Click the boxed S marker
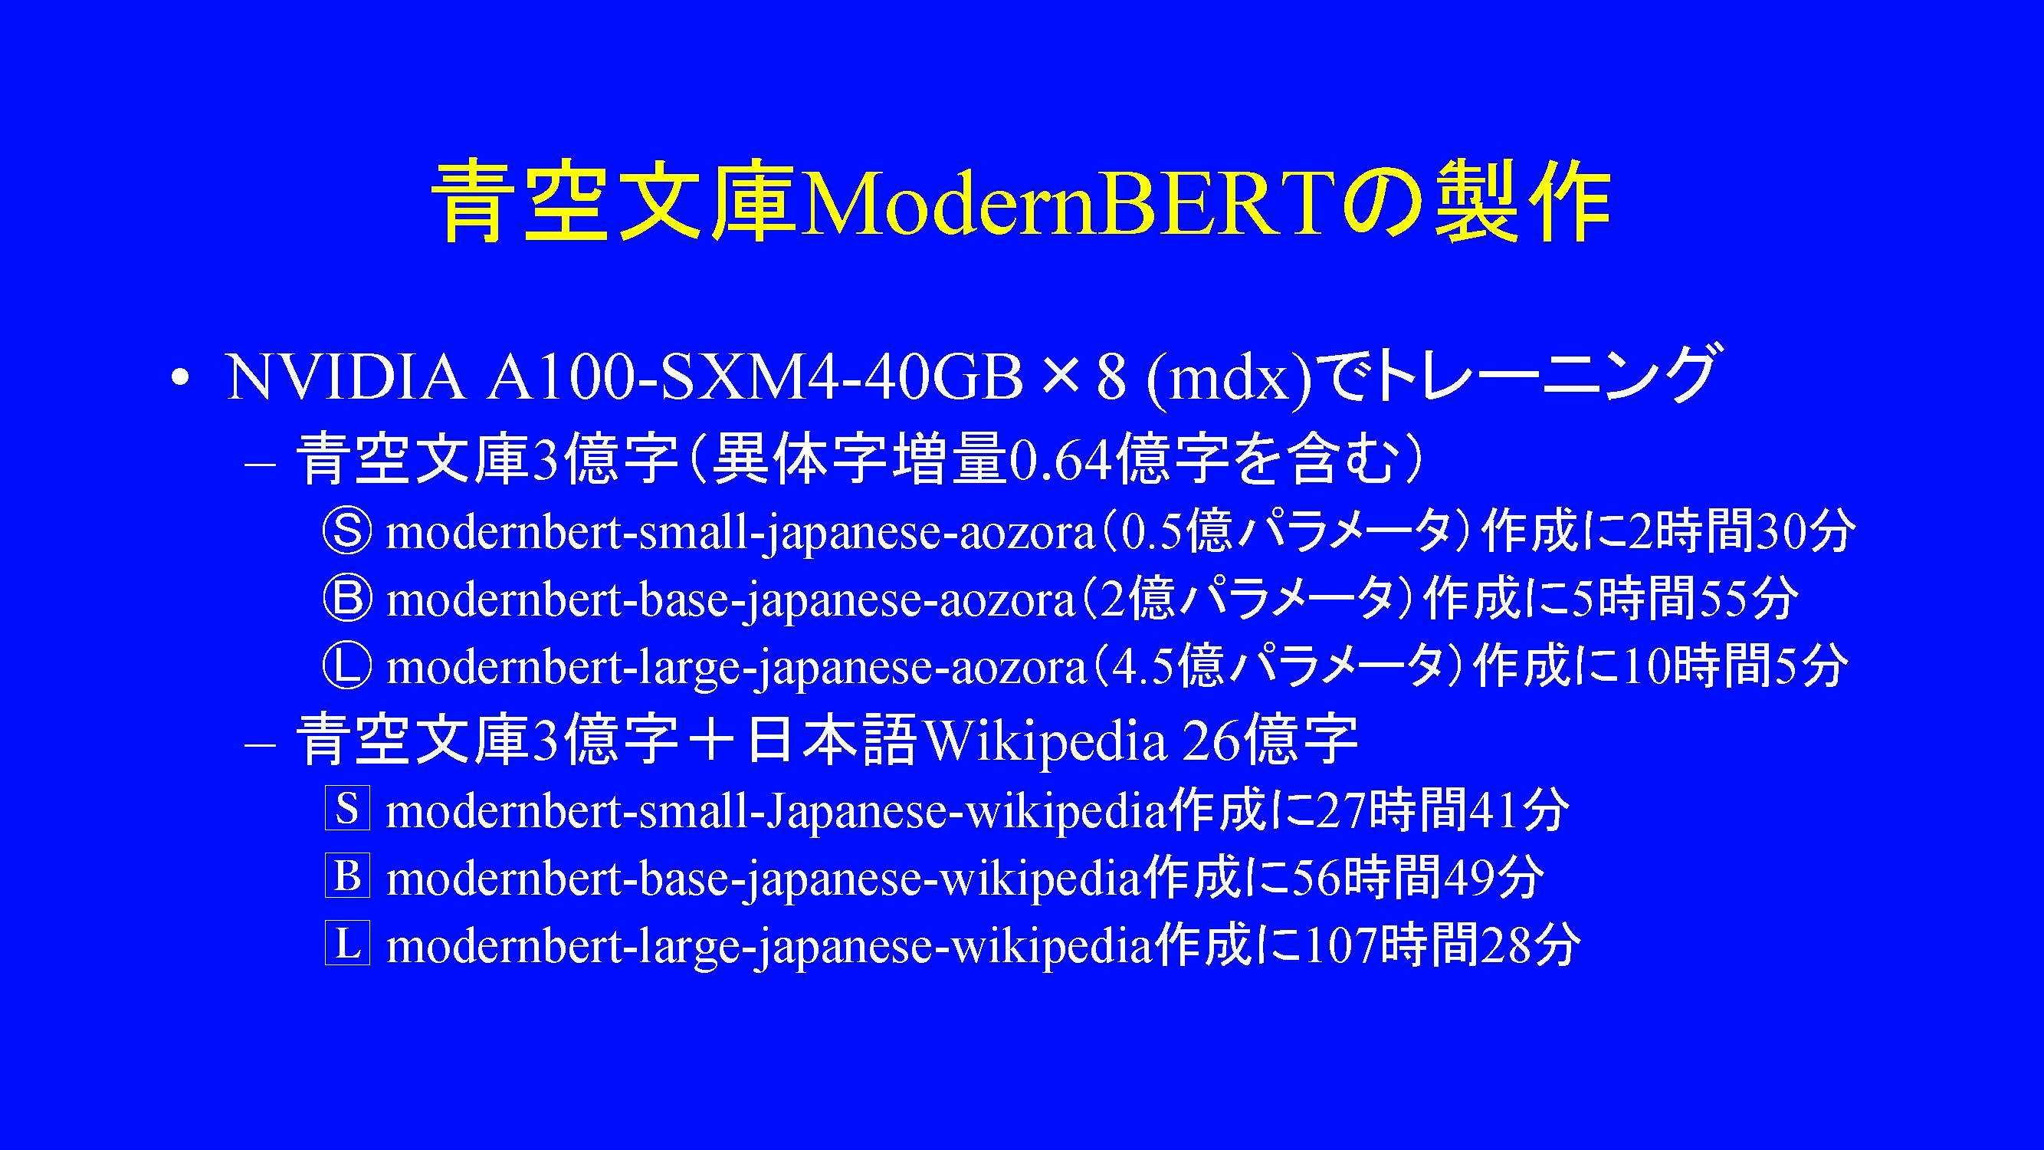click(346, 810)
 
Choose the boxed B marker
click(346, 877)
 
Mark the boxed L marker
click(346, 945)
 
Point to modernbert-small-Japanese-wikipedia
click(777, 812)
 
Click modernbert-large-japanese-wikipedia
click(769, 946)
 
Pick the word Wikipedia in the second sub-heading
click(1045, 741)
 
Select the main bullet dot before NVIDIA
click(182, 378)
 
